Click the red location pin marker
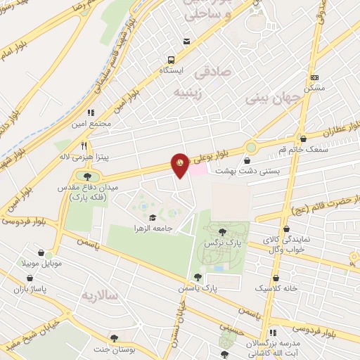point(180,165)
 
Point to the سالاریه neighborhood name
point(101,295)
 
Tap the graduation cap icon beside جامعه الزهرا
point(153,217)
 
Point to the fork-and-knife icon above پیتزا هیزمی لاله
point(84,144)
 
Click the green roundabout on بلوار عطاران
point(251,148)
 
